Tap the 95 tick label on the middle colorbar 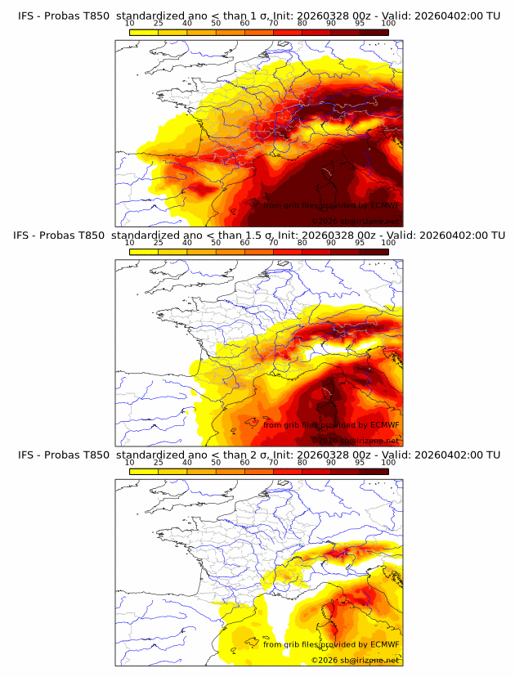pos(360,243)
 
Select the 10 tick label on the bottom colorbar pos(129,463)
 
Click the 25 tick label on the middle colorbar pos(159,243)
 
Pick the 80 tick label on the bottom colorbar pos(302,463)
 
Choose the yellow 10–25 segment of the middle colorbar pos(144,251)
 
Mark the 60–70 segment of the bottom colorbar pos(259,472)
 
